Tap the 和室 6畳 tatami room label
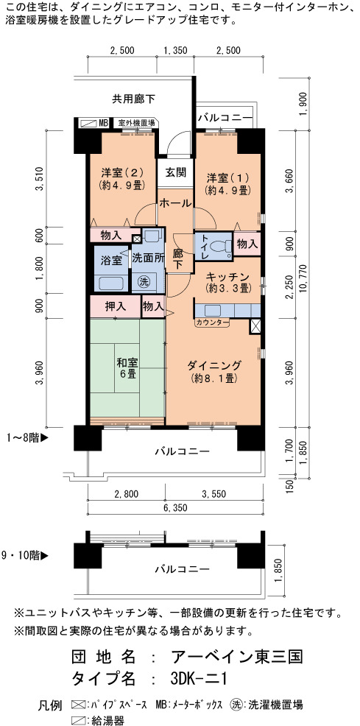[127, 369]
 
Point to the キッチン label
[227, 282]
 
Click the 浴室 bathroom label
[113, 260]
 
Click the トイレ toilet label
[205, 247]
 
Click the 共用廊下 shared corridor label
[134, 98]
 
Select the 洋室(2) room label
[123, 178]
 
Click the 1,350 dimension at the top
[176, 51]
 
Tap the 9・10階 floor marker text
[25, 556]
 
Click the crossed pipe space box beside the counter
[255, 326]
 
